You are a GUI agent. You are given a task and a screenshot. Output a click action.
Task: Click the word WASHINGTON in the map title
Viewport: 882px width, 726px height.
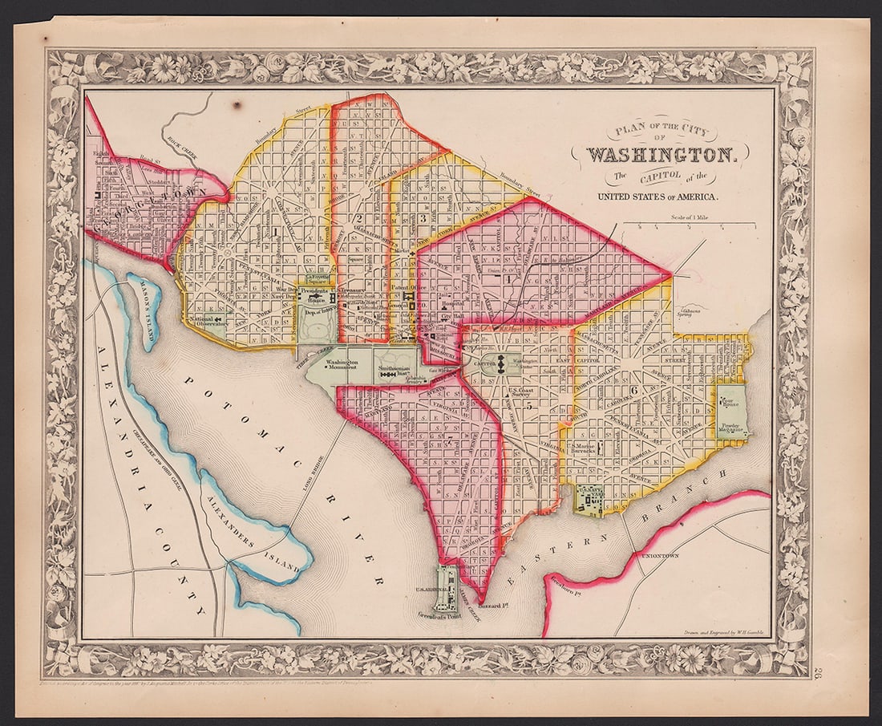click(660, 154)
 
